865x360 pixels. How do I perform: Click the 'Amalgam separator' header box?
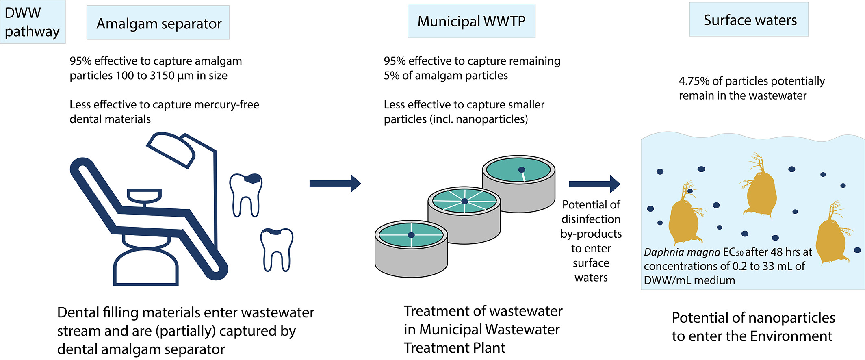pyautogui.click(x=158, y=23)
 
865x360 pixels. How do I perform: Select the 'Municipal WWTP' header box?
pyautogui.click(x=471, y=21)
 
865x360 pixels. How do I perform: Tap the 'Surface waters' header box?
pyautogui.click(x=749, y=20)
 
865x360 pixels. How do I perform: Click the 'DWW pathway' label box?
pyautogui.click(x=33, y=22)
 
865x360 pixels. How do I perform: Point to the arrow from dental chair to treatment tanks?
pyautogui.click(x=335, y=183)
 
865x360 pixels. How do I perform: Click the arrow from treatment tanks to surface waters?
pyautogui.click(x=594, y=184)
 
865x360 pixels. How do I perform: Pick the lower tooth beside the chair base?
pyautogui.click(x=277, y=249)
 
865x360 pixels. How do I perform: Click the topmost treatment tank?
pyautogui.click(x=519, y=183)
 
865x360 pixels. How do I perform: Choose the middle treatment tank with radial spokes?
pyautogui.click(x=464, y=215)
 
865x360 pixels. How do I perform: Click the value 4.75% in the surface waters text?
pyautogui.click(x=694, y=81)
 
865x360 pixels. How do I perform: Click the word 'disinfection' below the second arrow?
pyautogui.click(x=591, y=219)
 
